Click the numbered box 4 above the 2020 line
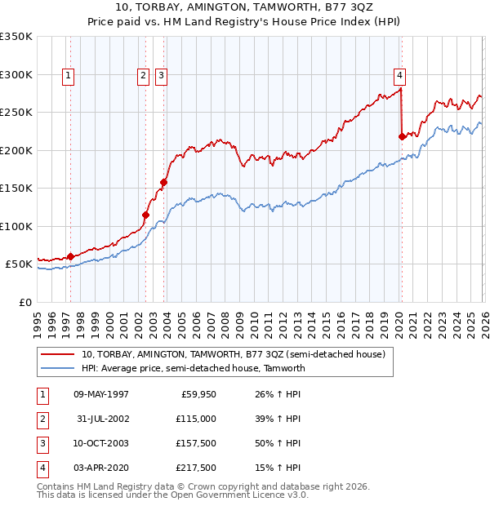[400, 76]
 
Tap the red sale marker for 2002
[146, 215]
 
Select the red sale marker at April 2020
[402, 137]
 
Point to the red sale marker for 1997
[70, 256]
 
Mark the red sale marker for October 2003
[163, 183]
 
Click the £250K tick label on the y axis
[16, 113]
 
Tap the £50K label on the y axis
[19, 264]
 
